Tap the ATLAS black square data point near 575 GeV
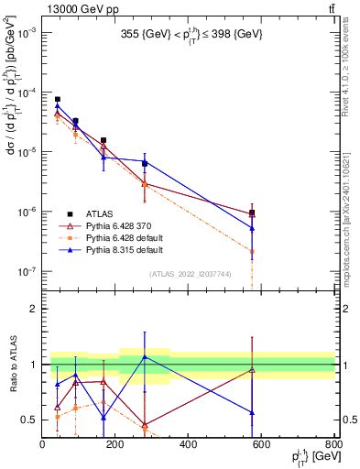[252, 213]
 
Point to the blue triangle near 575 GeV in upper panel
[252, 228]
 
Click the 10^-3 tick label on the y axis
[26, 33]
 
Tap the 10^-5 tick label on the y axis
[26, 152]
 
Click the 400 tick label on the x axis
[188, 445]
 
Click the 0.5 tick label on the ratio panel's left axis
[30, 420]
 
